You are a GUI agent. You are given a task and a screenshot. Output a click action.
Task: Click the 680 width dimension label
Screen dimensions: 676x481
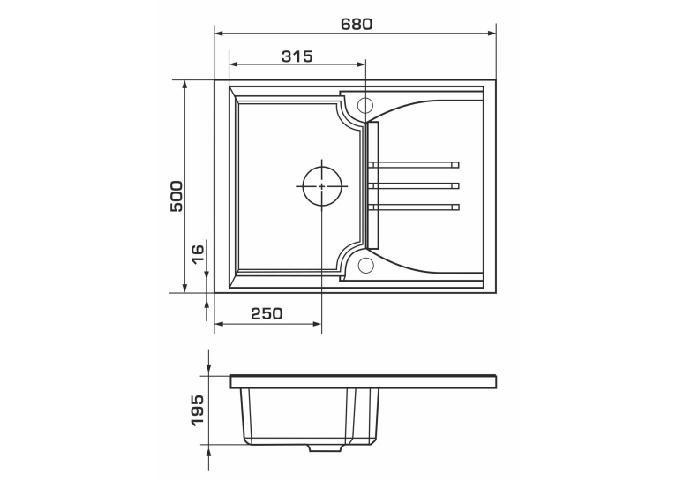(357, 24)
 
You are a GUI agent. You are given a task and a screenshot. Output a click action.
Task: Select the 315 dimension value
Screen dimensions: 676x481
(297, 56)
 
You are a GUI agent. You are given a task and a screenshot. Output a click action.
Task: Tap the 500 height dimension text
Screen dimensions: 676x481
(177, 196)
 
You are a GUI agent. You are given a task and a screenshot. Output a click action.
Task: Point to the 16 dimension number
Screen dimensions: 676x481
(197, 254)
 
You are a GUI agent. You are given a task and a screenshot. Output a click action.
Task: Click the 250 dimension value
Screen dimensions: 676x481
(267, 313)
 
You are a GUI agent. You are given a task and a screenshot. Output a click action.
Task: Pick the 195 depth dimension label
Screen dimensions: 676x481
(197, 410)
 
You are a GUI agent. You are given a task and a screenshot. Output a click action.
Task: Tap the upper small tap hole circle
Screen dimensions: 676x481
(365, 105)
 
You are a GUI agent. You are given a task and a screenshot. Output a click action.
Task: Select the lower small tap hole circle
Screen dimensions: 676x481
(365, 266)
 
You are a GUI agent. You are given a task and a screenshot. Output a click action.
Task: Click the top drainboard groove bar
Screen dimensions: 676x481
(413, 165)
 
